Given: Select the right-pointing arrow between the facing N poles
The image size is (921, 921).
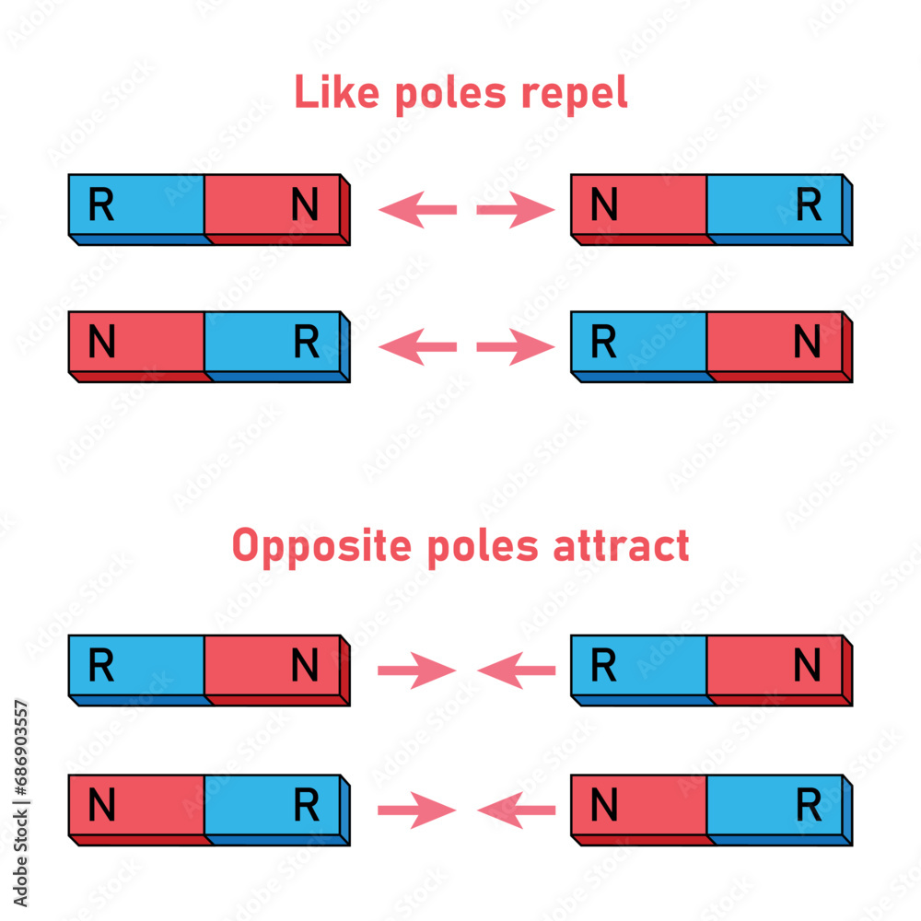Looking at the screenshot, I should point(516,210).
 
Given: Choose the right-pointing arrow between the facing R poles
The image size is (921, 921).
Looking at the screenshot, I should point(516,347).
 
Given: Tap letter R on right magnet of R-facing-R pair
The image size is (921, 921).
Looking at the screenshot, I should point(603,343).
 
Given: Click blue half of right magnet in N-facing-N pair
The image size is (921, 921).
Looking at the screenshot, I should point(775,206).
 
